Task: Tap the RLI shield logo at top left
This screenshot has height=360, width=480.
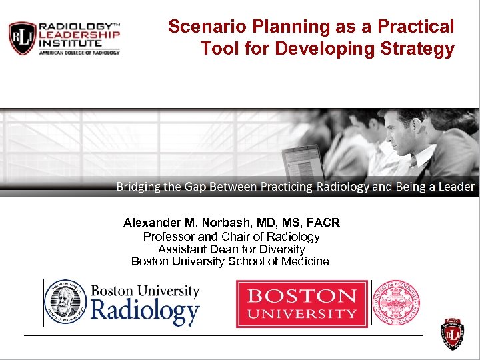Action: (21, 38)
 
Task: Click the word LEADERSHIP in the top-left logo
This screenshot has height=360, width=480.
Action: (79, 33)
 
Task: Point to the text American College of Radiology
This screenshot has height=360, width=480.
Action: (79, 52)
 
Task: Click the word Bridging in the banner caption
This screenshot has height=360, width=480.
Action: (138, 187)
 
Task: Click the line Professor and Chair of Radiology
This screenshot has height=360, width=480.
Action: (231, 237)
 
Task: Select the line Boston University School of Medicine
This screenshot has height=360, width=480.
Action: (230, 261)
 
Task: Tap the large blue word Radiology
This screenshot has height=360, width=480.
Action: (145, 311)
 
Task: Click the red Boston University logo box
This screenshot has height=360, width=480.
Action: (301, 304)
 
